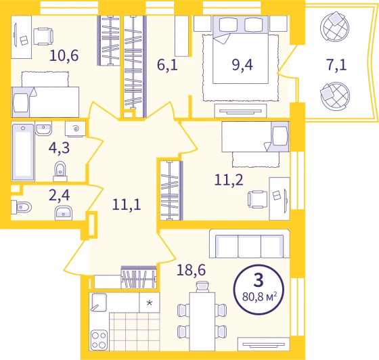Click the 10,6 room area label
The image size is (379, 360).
pos(64,55)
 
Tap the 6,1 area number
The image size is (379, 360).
pos(167,65)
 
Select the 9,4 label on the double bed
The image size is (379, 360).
pos(242,65)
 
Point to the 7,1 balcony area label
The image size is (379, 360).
pos(336,65)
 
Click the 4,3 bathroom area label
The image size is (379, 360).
pos(60,148)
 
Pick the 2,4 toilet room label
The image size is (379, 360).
pos(60,195)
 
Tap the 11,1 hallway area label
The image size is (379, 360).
pos(127,204)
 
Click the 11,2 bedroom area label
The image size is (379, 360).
pos(229,180)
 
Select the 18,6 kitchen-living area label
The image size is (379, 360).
pos(191,270)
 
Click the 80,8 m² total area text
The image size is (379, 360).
pos(260,296)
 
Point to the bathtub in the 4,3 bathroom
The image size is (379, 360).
pos(23,152)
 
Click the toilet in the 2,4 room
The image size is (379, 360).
pos(21,207)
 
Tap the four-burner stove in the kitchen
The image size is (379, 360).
pos(99,340)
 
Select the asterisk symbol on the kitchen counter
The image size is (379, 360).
pos(150,302)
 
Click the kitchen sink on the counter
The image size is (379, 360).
pos(99,302)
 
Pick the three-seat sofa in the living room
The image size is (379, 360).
pos(250,244)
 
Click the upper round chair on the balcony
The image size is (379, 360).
pos(334,27)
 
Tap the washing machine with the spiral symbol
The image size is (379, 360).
pos(75,129)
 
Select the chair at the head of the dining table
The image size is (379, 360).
pos(202,287)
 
